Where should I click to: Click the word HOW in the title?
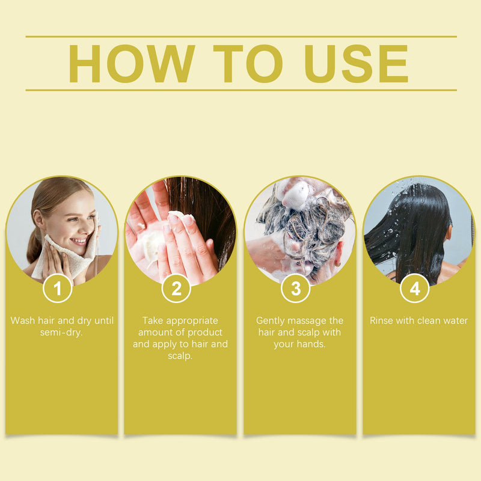[x=131, y=64]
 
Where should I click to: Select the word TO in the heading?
[x=248, y=64]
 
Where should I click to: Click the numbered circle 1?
[x=57, y=289]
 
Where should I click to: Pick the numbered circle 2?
[x=176, y=289]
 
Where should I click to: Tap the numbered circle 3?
[x=296, y=289]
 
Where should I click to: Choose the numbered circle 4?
[x=415, y=289]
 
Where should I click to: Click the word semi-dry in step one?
[x=61, y=333]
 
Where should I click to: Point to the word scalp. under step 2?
[x=180, y=356]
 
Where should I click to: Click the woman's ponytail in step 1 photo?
[x=34, y=245]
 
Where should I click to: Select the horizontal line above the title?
[x=241, y=37]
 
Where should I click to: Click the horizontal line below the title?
[x=241, y=90]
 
